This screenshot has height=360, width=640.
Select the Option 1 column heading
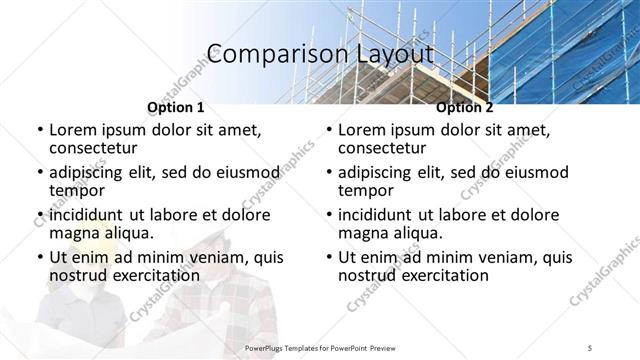176,107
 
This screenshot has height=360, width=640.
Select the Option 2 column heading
465,107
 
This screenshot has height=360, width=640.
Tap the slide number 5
590,347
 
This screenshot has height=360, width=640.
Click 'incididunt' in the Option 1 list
88,215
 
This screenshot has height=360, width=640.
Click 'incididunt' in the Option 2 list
377,215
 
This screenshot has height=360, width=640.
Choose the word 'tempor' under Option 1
76,190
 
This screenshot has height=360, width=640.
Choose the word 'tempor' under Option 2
365,190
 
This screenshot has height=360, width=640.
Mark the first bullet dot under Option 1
39,131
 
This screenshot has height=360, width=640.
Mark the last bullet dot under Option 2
328,257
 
